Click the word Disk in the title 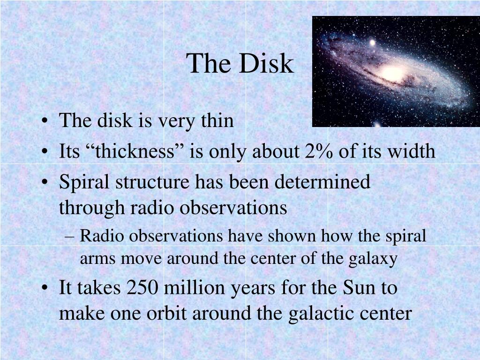[266, 63]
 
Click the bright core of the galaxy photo [393, 73]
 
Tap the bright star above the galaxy [372, 43]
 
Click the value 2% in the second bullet [319, 151]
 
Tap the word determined [322, 181]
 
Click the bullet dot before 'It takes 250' [45, 288]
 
